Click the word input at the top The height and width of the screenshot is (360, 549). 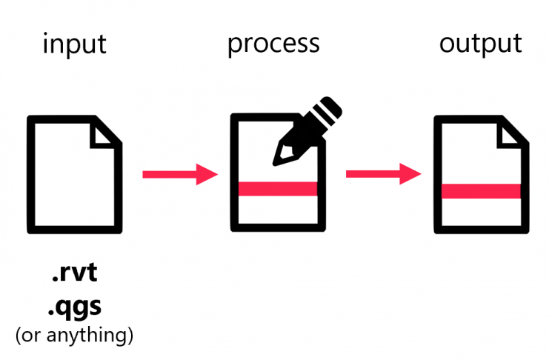click(74, 44)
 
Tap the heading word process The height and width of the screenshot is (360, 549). click(273, 44)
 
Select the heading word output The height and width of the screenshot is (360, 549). click(480, 44)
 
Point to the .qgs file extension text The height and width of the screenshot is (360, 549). click(74, 305)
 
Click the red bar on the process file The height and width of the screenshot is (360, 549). click(278, 188)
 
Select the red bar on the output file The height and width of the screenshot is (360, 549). click(481, 190)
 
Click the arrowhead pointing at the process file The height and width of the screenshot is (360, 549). click(208, 175)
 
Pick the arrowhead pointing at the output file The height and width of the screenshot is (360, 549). click(412, 175)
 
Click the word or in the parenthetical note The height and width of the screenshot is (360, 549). click(33, 335)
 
